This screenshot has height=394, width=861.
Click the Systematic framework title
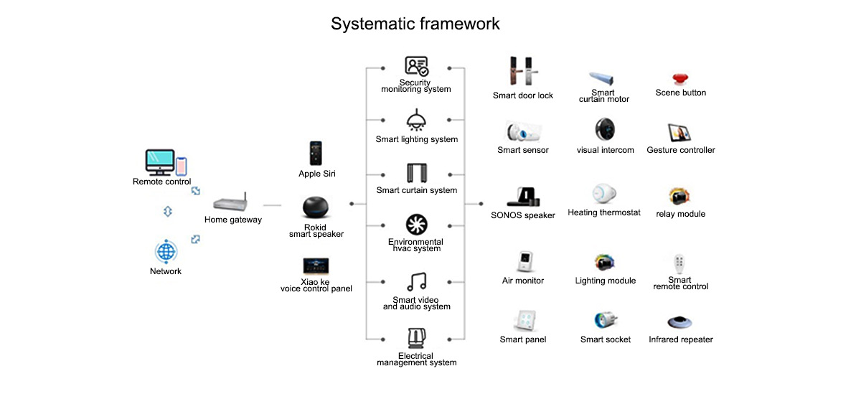415,24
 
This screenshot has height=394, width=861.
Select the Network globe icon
166,252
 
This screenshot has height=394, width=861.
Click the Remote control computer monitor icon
160,162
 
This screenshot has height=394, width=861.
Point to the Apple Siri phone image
316,154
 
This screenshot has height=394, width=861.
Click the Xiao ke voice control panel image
316,266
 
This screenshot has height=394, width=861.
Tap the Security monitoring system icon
416,67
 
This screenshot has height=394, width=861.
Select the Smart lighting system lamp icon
416,119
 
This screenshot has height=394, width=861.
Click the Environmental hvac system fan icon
416,225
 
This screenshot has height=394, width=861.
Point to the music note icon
416,282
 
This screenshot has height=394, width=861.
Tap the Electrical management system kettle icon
416,338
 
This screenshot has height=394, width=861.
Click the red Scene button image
680,79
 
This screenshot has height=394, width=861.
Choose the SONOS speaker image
523,196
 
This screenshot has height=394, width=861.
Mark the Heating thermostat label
603,213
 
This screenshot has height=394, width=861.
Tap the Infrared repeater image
680,323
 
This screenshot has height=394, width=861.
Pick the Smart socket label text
606,339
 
